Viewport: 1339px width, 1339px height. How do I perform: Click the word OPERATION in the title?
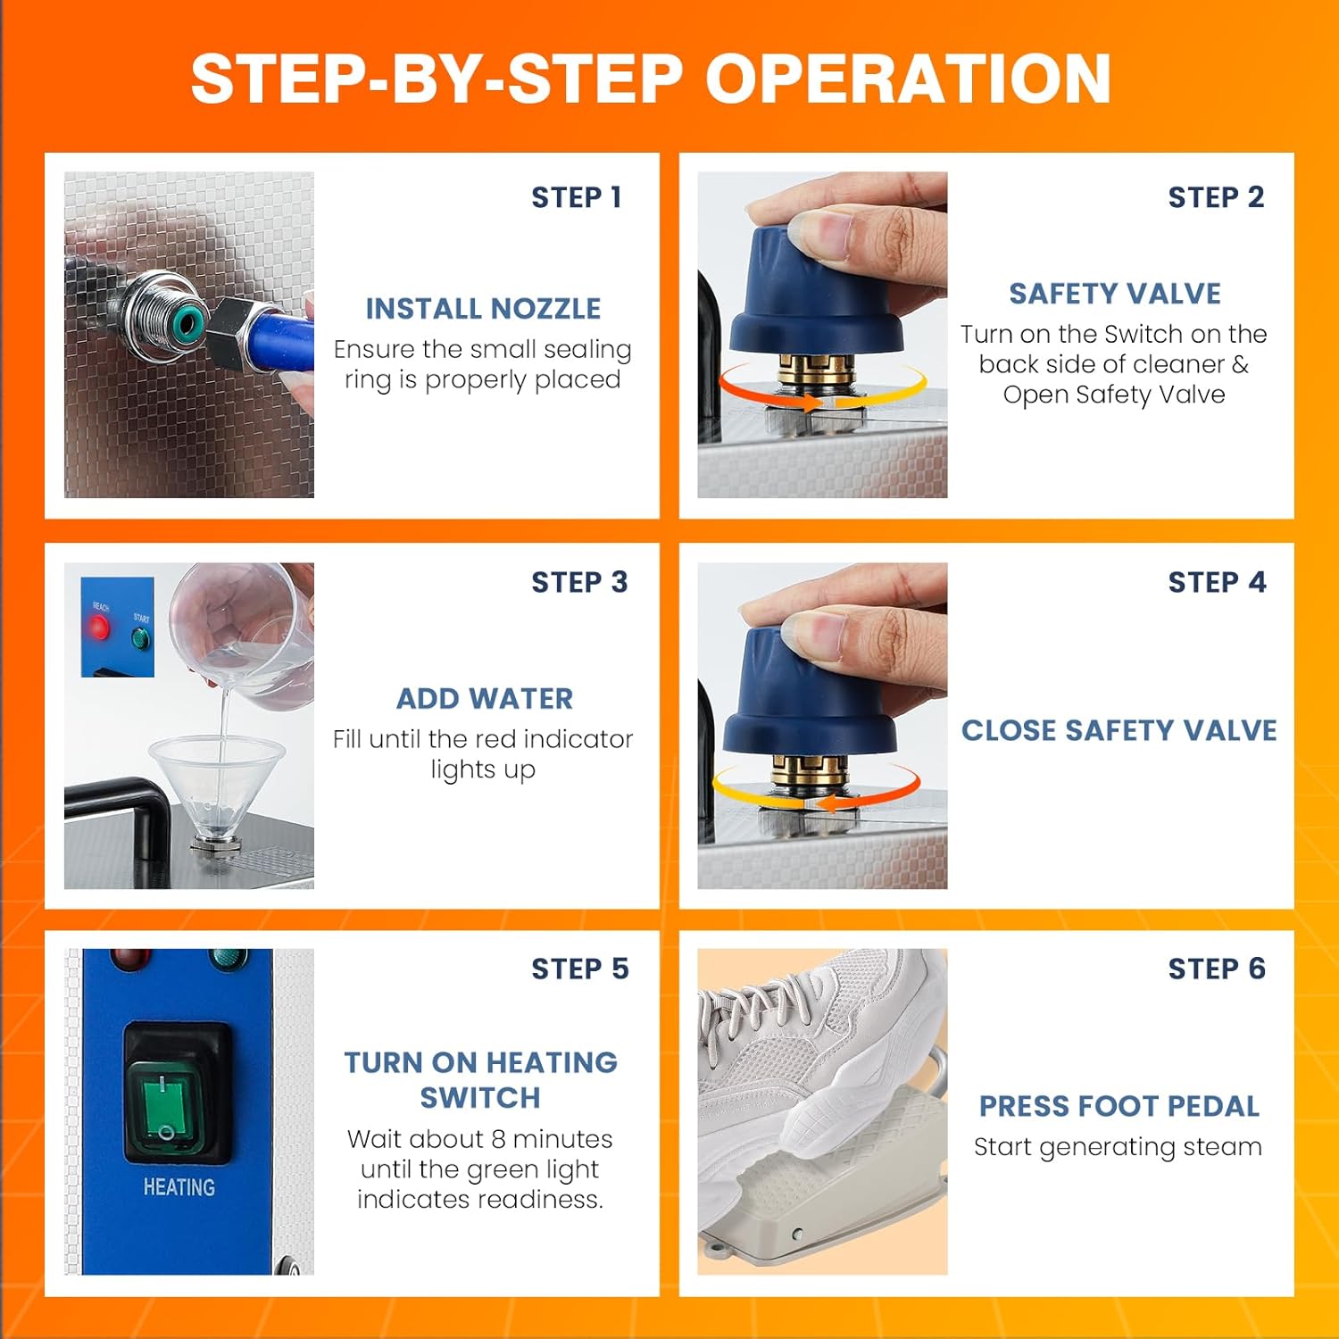coord(909,79)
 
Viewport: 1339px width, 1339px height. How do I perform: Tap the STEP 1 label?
coord(577,197)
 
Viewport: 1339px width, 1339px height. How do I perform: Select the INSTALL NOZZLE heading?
coord(483,309)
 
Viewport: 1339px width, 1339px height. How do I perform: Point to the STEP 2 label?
coord(1216,197)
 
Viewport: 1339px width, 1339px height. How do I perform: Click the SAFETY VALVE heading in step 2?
coord(1115,294)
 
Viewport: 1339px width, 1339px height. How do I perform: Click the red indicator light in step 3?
coord(98,628)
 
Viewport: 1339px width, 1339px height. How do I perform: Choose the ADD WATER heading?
coord(485,699)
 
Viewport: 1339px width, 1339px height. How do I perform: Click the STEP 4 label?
coord(1217,583)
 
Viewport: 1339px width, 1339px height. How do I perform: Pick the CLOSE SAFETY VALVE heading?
coord(1119,730)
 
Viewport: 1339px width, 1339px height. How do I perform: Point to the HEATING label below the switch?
coord(179,1187)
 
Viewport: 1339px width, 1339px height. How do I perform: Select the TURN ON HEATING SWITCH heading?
coord(480,1079)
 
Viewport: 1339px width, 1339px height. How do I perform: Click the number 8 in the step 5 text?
coord(498,1139)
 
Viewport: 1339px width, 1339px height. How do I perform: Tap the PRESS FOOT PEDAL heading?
coord(1119,1107)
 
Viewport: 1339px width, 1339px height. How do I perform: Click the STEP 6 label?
coord(1217,969)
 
